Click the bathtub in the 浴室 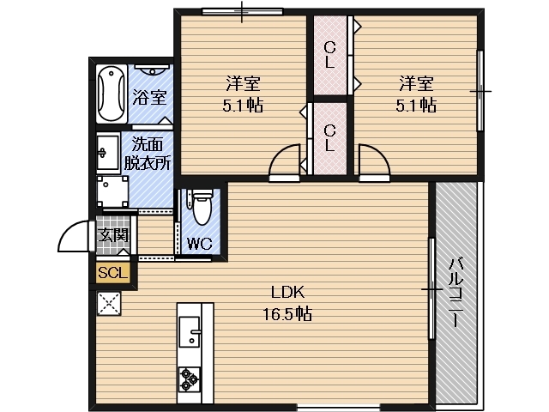point(111,94)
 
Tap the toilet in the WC point(202,207)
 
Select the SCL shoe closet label point(112,272)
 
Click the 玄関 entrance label point(113,235)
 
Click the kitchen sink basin point(190,331)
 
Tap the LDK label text point(288,292)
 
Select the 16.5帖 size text point(287,313)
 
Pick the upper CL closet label point(329,55)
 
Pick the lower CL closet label point(329,138)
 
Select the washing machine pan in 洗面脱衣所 point(112,192)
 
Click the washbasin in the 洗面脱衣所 point(108,153)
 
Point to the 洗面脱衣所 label point(148,154)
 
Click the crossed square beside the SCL point(109,303)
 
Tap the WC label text point(200,244)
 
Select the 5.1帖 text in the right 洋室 point(416,105)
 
